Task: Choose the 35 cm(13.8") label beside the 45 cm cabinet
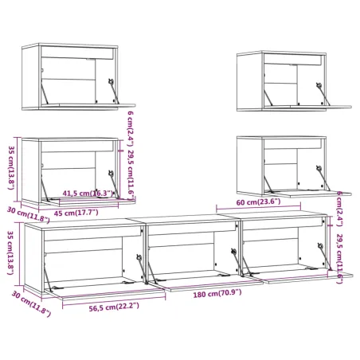tap(10, 167)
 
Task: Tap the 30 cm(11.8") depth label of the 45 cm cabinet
tap(26, 213)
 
